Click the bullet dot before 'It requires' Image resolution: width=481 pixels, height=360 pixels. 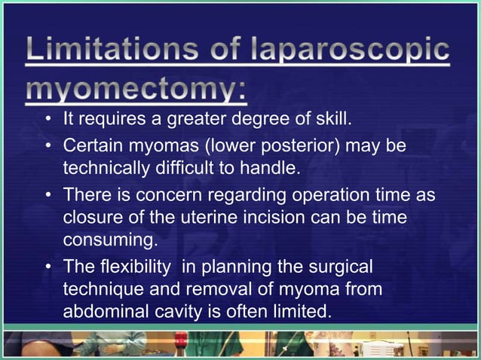pos(48,120)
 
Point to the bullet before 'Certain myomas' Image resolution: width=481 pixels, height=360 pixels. pos(48,144)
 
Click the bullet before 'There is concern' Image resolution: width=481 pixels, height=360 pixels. pos(48,195)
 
